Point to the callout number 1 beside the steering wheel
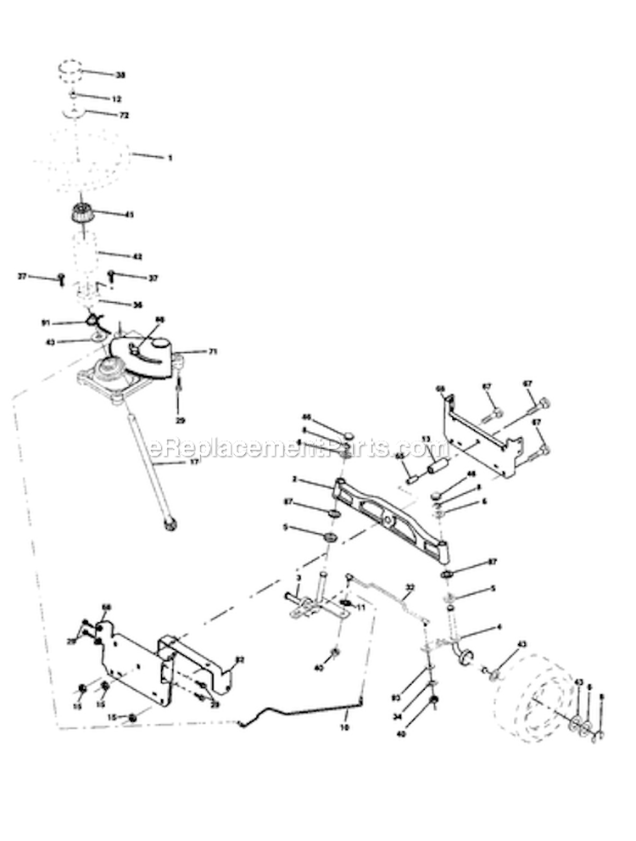[x=170, y=158]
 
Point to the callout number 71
[x=212, y=350]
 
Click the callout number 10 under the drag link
[x=344, y=727]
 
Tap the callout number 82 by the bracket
[x=240, y=658]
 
